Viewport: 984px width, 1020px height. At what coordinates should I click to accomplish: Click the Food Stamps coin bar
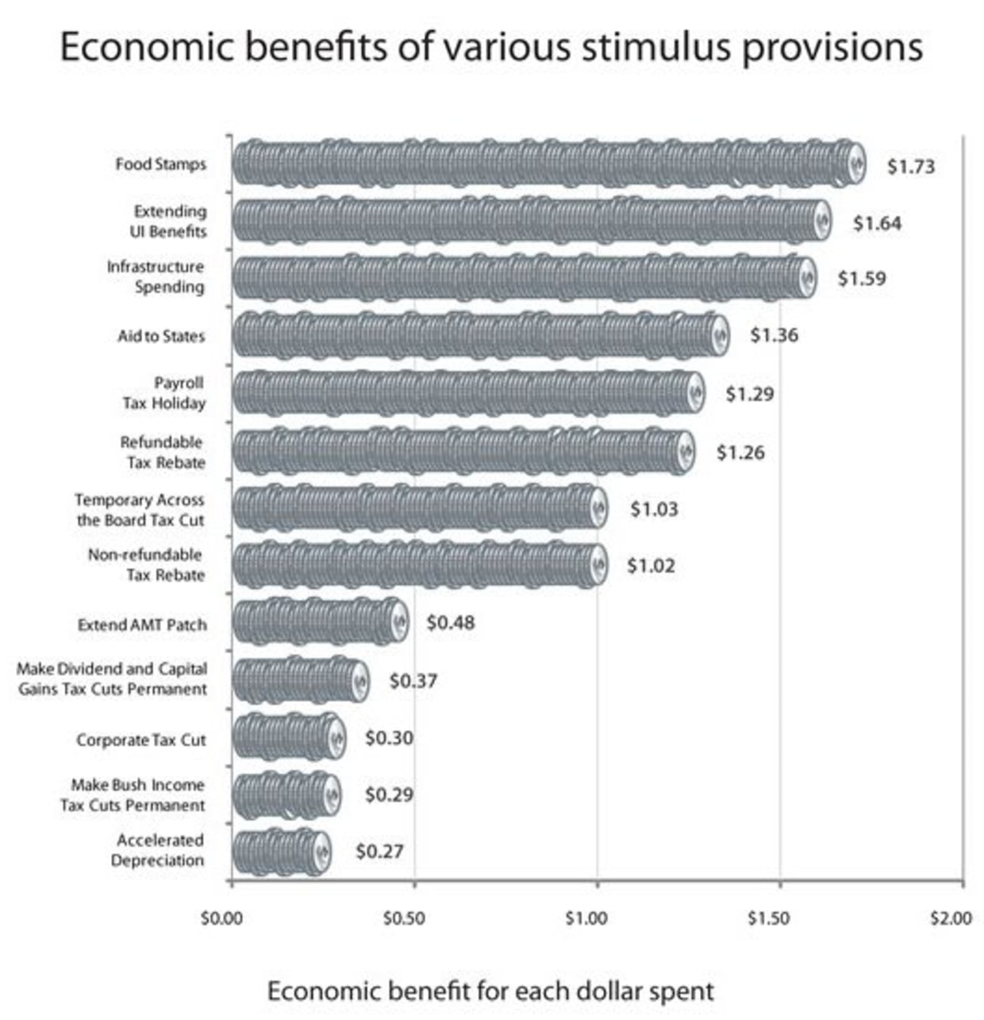coord(548,165)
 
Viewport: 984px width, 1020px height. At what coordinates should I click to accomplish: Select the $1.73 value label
coord(910,167)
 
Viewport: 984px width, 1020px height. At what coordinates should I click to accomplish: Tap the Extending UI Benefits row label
coord(169,221)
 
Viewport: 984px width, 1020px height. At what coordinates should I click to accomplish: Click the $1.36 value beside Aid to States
coord(774,335)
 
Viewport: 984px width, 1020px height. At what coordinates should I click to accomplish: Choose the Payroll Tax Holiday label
coord(163,393)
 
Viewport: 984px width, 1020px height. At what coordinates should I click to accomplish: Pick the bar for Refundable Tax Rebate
coord(463,452)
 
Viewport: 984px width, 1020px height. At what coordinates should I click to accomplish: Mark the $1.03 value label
coord(654,509)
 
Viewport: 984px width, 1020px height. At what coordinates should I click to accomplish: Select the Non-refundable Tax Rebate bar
coord(421,565)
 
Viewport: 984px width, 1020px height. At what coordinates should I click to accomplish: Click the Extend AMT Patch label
coord(142,625)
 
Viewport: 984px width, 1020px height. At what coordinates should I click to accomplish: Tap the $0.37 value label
coord(413,681)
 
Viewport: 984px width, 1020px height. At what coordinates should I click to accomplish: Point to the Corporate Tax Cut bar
coord(289,738)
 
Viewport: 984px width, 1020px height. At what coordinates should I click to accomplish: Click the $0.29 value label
coord(389,795)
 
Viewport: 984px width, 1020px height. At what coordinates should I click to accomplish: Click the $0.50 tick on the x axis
coord(404,919)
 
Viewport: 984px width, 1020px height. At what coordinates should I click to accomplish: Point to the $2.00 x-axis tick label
coord(951,919)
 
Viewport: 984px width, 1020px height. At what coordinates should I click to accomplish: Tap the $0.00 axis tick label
coord(221,919)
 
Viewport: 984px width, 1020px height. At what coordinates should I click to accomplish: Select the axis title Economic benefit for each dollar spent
coord(490,991)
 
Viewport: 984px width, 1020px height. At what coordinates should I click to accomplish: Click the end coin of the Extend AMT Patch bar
coord(398,622)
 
